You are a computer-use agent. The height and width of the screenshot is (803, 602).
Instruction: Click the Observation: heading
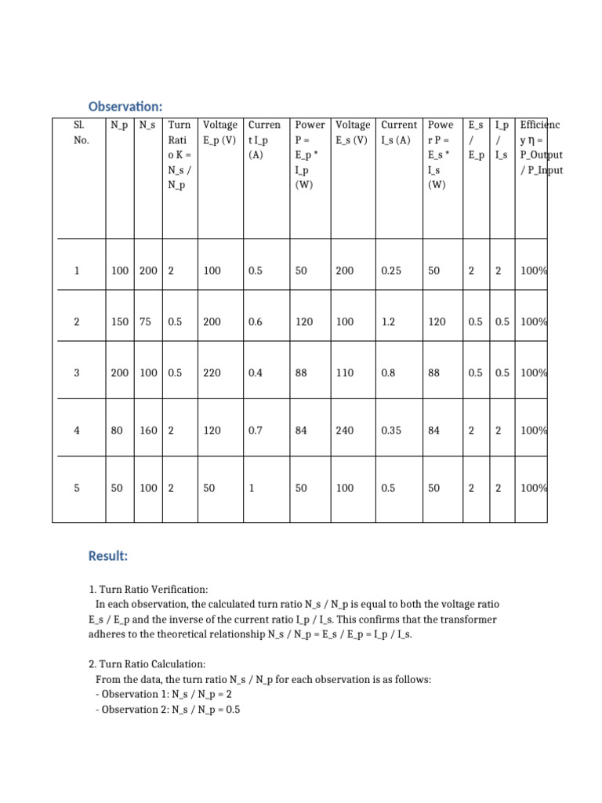(125, 106)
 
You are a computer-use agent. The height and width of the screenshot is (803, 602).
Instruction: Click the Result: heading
(108, 556)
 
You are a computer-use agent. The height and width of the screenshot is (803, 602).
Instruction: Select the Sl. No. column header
(78, 133)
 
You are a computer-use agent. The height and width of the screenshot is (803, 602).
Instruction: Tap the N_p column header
(120, 125)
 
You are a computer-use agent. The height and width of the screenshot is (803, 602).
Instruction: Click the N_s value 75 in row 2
(146, 322)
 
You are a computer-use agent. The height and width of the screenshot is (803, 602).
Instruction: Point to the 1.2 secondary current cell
(389, 322)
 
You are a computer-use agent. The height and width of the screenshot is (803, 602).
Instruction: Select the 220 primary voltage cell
(212, 372)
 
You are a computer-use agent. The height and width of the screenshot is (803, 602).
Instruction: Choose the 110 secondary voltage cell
(345, 372)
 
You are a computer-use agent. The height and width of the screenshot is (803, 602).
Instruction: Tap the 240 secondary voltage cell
(345, 431)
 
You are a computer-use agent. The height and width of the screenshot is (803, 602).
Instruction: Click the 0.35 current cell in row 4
(392, 431)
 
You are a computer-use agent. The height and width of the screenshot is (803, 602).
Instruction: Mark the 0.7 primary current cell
(255, 431)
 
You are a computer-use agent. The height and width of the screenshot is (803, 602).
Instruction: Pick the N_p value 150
(120, 322)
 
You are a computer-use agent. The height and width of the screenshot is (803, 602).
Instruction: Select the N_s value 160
(148, 431)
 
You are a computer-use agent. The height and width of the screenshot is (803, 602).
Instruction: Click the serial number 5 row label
(77, 488)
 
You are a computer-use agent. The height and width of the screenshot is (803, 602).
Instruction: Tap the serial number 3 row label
(77, 372)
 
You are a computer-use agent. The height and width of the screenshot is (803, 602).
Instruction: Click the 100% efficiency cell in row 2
(534, 322)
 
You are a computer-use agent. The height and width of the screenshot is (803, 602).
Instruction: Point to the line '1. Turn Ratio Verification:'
(149, 589)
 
